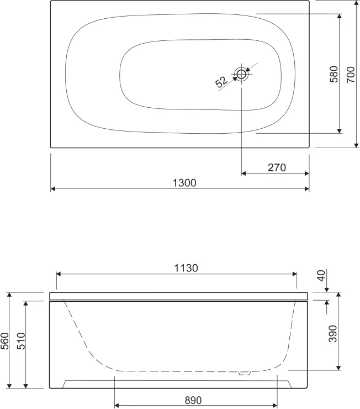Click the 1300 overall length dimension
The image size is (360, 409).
pos(184,182)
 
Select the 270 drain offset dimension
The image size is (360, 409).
pos(276,167)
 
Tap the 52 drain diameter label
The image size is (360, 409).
pos(221,82)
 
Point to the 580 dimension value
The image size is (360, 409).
pos(333,74)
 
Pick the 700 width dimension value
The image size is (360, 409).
pos(351,74)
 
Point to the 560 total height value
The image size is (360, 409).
pos(5,340)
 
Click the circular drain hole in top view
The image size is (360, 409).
pos(242,74)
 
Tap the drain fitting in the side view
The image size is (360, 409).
pos(243,374)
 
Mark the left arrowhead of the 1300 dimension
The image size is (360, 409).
pos(53,189)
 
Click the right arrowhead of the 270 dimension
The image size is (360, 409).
pos(306,174)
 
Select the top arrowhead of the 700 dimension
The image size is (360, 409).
pos(356,3)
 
